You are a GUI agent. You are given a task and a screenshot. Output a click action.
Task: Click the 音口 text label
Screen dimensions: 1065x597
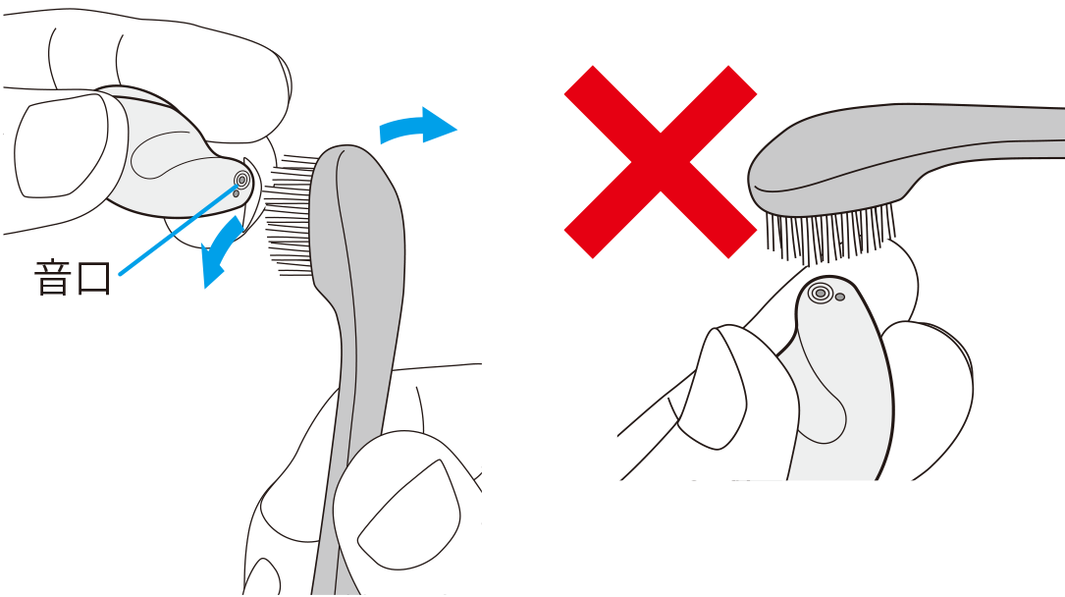73,277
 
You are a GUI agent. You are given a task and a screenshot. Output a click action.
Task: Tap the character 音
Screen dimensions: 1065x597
52,277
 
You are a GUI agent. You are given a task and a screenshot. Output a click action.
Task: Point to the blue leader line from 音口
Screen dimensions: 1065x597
180,228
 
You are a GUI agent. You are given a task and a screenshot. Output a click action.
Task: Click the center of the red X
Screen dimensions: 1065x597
661,162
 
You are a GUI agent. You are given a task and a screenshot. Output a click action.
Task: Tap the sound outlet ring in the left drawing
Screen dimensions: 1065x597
241,180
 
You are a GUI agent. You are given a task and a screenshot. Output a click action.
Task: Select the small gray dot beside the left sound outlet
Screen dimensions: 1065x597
236,193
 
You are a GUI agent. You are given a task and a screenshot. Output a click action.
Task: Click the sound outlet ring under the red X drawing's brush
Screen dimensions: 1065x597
821,294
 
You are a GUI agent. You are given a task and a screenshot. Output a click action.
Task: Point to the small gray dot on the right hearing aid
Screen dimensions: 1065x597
840,297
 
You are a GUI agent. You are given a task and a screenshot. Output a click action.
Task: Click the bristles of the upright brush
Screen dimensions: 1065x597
290,214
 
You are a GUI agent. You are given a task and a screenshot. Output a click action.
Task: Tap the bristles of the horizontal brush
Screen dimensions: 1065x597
828,235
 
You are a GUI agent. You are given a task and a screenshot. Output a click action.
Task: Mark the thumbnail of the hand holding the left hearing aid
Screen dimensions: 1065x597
61,146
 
